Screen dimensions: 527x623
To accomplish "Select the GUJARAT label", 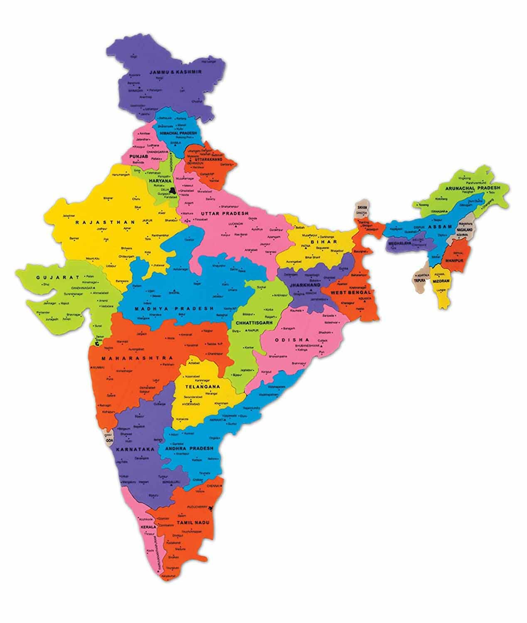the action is [x=52, y=277].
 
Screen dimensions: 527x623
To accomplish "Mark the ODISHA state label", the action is [x=291, y=339].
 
